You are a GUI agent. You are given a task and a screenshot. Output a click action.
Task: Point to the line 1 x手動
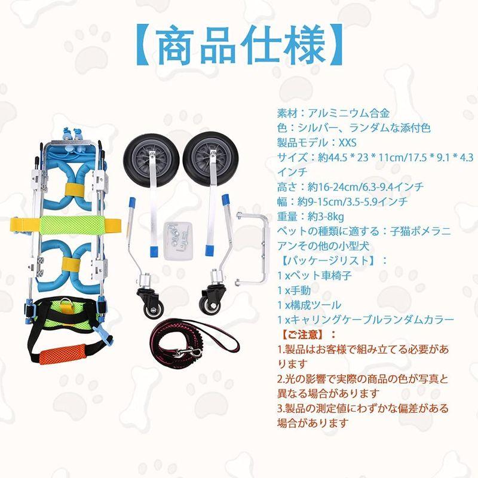(296, 290)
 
